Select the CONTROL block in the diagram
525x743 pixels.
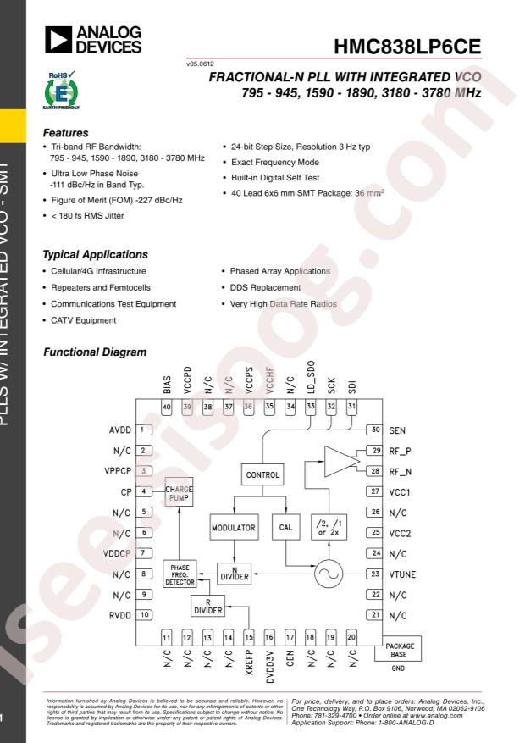tap(263, 476)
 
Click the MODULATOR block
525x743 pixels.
tap(234, 528)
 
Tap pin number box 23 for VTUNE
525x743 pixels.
tap(373, 574)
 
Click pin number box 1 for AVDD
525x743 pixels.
tap(146, 430)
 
